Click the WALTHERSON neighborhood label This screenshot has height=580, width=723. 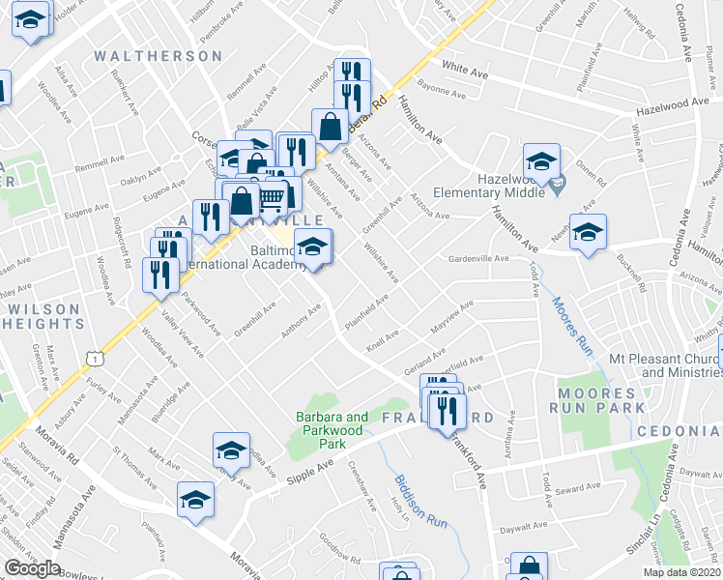[x=159, y=56]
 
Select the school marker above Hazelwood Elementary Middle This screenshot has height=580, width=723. [x=541, y=160]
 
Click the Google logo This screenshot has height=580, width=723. [x=32, y=568]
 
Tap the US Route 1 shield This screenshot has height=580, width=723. [x=95, y=358]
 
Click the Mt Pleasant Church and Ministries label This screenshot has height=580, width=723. [x=665, y=365]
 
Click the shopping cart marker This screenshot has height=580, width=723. [x=273, y=197]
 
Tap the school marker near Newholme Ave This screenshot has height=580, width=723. [x=587, y=232]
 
